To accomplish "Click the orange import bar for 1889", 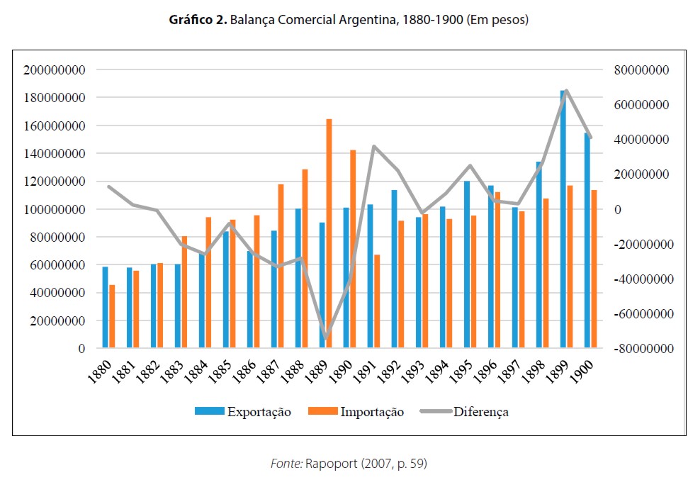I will point(329,234).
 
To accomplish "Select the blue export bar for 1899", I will point(563,220).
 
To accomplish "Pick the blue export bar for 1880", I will point(105,308).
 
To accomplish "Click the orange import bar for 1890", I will point(353,249).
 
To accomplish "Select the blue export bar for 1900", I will point(587,241).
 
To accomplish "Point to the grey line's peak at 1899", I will point(566,91).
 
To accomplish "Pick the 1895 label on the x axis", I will point(463,370).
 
